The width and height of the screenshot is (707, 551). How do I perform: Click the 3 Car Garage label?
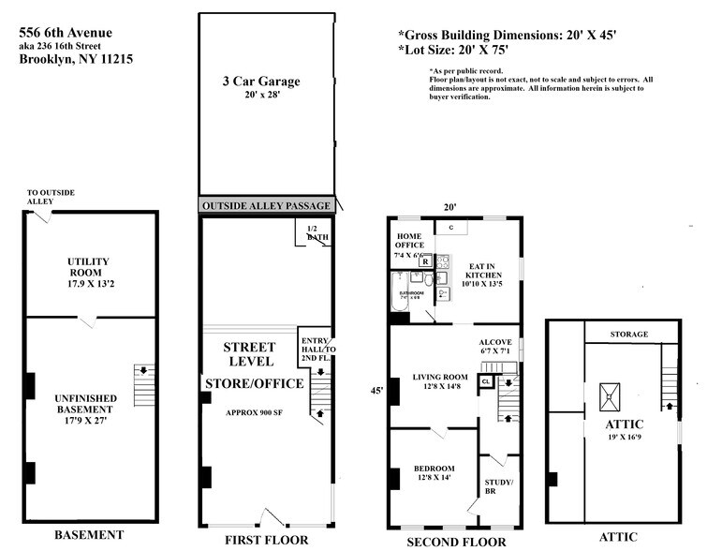[x=255, y=82]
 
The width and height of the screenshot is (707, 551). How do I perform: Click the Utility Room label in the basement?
[x=90, y=267]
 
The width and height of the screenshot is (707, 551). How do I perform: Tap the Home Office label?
[x=410, y=241]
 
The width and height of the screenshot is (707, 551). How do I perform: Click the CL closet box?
[x=486, y=381]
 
